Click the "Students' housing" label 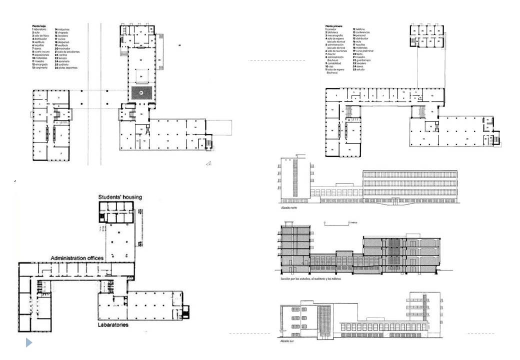120,197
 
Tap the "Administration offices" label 77,257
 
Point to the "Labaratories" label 113,325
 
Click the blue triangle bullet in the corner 29,343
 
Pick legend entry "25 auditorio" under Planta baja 61,64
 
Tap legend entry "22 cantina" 61,55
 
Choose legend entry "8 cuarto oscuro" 40,51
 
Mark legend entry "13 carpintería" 41,68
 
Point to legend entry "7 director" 332,54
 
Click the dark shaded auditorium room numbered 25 141,93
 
